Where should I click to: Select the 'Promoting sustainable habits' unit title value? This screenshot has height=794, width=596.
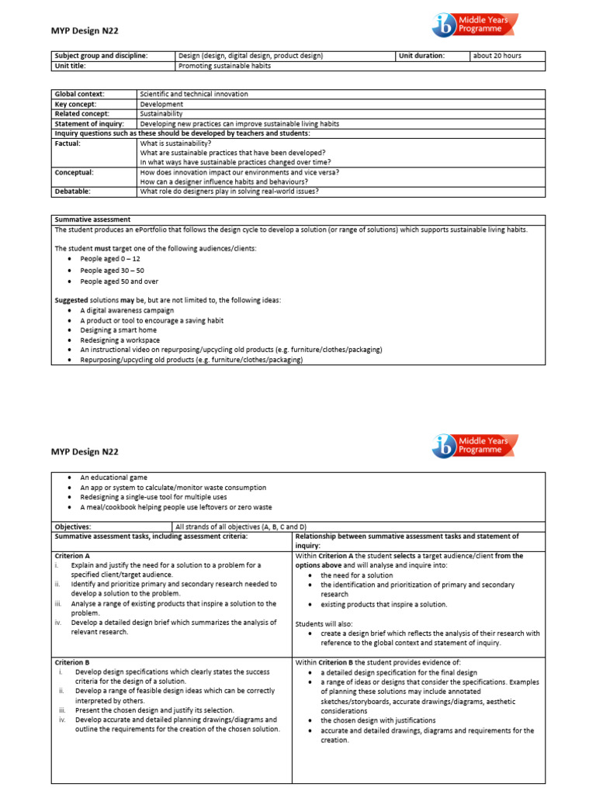pos(224,66)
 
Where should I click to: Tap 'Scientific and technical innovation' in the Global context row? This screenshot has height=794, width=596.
pos(194,94)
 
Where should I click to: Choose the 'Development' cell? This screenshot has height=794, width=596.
pos(161,104)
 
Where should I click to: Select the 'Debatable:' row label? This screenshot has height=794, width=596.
pos(72,191)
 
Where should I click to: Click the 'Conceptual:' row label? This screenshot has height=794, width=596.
pos(74,172)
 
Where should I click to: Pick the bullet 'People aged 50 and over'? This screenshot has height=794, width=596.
pos(119,281)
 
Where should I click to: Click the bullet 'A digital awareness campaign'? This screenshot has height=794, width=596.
pos(126,310)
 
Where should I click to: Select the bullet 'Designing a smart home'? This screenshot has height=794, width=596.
pos(117,330)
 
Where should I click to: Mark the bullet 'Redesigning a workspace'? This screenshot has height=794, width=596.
pos(120,340)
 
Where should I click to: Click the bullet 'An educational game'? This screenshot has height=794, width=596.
pos(113,478)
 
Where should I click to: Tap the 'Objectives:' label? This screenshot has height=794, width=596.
pos(73,526)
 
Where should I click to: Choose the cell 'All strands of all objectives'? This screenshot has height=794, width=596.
pos(241,526)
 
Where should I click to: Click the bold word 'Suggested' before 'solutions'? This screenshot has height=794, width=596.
pos(71,300)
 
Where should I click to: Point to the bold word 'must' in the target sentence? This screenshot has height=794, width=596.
pos(102,248)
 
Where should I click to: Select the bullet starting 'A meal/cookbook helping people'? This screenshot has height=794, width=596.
pos(176,507)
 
